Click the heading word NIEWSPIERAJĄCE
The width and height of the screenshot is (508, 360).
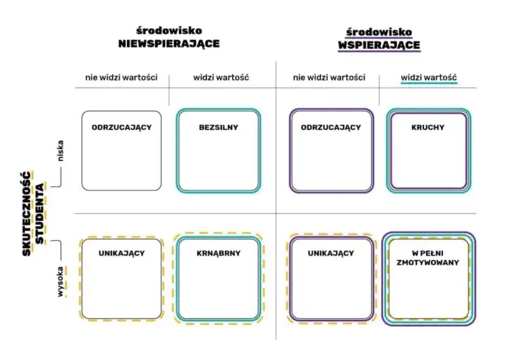pos(169,44)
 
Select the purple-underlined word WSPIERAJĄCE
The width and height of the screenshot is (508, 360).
pos(379,45)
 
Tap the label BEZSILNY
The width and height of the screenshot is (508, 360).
pos(218,127)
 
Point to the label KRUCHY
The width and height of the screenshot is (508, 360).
pos(428,127)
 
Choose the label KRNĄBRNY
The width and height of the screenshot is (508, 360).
pos(218,253)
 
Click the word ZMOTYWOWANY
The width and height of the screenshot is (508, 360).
pos(428,263)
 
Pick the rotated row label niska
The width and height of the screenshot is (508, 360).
pos(60,150)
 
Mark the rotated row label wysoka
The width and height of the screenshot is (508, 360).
pos(60,282)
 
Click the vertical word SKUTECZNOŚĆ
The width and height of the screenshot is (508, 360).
pos(27,214)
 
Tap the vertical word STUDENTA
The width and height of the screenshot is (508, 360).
pos(40,214)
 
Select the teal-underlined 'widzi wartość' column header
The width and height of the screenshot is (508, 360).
pos(429,78)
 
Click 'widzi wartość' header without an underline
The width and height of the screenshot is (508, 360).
pos(221,78)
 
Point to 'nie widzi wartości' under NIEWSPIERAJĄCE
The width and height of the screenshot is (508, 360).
pos(121,78)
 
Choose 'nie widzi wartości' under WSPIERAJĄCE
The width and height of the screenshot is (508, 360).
pos(329,78)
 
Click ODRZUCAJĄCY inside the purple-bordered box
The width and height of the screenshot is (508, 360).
pos(331,127)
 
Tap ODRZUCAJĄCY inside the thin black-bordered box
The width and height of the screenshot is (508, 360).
pos(121,127)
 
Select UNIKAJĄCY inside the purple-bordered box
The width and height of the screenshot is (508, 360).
pos(331,253)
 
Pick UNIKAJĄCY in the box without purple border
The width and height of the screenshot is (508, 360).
pos(121,253)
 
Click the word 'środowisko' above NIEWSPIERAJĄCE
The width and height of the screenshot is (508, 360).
pos(169,31)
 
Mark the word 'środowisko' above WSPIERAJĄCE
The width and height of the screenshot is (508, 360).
pos(379,32)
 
